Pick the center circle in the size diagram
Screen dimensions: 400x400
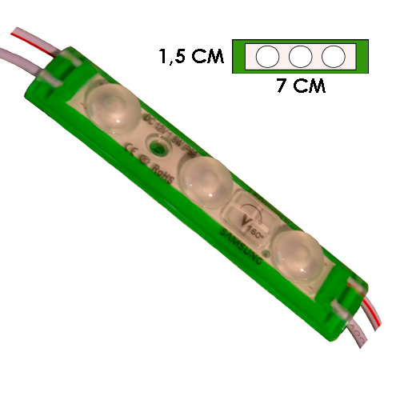pos(300,56)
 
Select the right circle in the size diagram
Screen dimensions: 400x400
pos(332,56)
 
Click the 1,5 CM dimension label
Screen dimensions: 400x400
pos(190,57)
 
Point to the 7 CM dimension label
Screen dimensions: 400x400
pos(300,86)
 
